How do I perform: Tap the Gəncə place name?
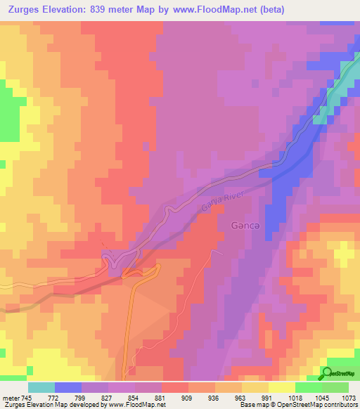pyautogui.click(x=246, y=226)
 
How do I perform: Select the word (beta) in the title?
pyautogui.click(x=339, y=10)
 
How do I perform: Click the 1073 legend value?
pyautogui.click(x=348, y=398)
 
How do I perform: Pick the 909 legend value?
pyautogui.click(x=188, y=398)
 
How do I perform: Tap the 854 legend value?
pyautogui.click(x=134, y=398)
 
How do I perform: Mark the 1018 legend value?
pyautogui.click(x=295, y=398)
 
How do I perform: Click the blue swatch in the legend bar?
pyautogui.click(x=67, y=387)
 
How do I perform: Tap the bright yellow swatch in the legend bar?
pyautogui.click(x=281, y=387)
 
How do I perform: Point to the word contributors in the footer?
pyautogui.click(x=342, y=405)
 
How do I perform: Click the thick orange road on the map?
pyautogui.click(x=130, y=323)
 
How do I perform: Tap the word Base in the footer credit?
pyautogui.click(x=248, y=405)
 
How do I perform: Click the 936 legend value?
pyautogui.click(x=214, y=398)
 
